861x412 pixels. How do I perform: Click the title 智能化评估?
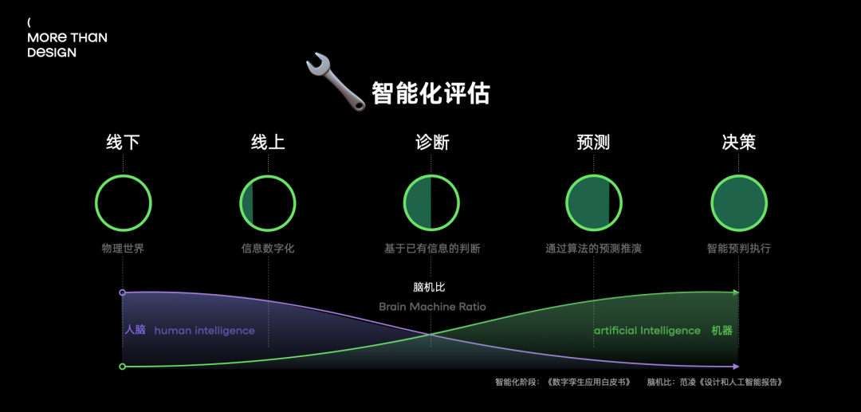click(431, 94)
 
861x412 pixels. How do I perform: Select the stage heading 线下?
click(123, 143)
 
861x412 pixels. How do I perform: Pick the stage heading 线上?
click(268, 143)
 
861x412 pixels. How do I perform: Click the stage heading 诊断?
click(431, 143)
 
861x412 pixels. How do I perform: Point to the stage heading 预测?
click(593, 143)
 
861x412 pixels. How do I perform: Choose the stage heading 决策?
click(738, 143)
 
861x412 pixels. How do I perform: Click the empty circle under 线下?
click(123, 202)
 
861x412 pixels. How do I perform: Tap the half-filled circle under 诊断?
click(431, 202)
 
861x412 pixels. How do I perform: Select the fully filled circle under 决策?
click(738, 202)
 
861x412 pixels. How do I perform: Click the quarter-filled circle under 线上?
click(268, 202)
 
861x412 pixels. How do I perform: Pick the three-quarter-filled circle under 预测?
click(593, 202)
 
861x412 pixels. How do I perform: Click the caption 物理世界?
click(123, 249)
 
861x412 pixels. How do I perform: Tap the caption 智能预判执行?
click(738, 249)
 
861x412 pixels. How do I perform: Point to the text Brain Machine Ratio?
click(432, 307)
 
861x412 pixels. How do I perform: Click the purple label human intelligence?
click(204, 331)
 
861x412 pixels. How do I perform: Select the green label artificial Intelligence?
click(647, 331)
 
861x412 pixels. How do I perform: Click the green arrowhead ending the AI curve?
click(737, 292)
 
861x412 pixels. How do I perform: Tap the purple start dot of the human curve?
click(122, 293)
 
